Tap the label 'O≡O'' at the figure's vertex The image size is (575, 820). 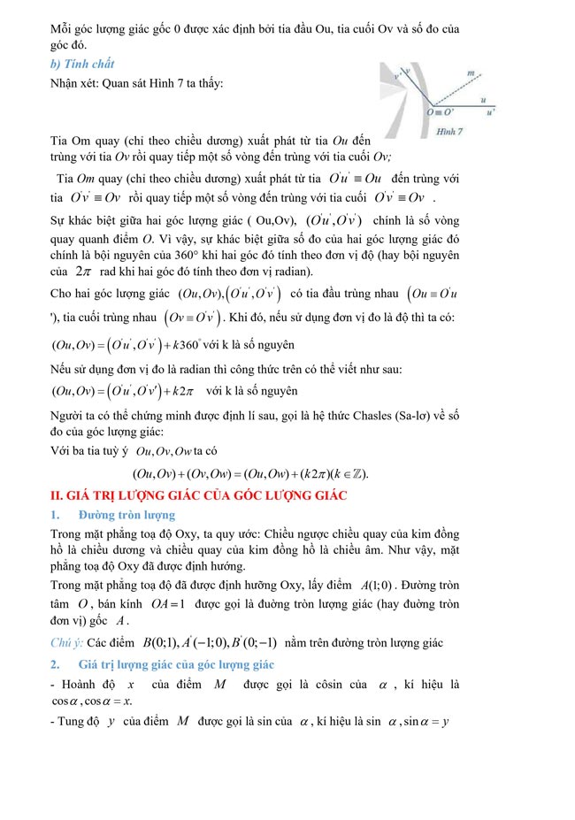(440, 112)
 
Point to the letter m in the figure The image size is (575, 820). (471, 73)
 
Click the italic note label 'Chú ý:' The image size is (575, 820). (67, 642)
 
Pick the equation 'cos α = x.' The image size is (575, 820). (103, 701)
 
